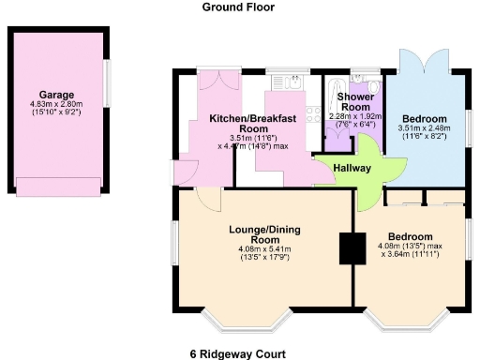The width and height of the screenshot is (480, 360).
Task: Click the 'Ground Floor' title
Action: pyautogui.click(x=240, y=7)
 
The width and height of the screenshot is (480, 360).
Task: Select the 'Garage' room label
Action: pyautogui.click(x=56, y=95)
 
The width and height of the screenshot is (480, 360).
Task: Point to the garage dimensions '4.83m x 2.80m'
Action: pyautogui.click(x=56, y=104)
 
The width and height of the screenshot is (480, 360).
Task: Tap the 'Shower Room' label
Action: pyautogui.click(x=356, y=102)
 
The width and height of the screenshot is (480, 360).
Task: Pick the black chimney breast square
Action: pyautogui.click(x=352, y=247)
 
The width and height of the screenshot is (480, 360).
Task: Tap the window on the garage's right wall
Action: pyautogui.click(x=106, y=84)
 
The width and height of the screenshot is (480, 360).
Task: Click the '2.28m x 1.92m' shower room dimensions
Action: pyautogui.click(x=356, y=115)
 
